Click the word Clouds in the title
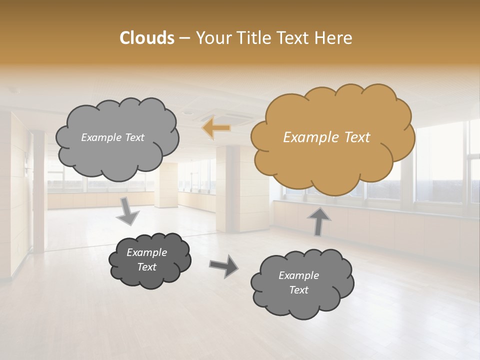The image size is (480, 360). (x=147, y=38)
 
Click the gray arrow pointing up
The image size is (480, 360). (x=319, y=221)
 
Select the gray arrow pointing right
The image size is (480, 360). (x=223, y=265)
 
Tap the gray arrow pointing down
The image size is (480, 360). (x=128, y=211)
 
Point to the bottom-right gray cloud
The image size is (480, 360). (x=301, y=282)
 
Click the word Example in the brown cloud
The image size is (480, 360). (x=307, y=137)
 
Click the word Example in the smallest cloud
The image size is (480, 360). (x=146, y=252)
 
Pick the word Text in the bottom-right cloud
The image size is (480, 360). (x=298, y=290)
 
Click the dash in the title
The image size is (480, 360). (x=184, y=38)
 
